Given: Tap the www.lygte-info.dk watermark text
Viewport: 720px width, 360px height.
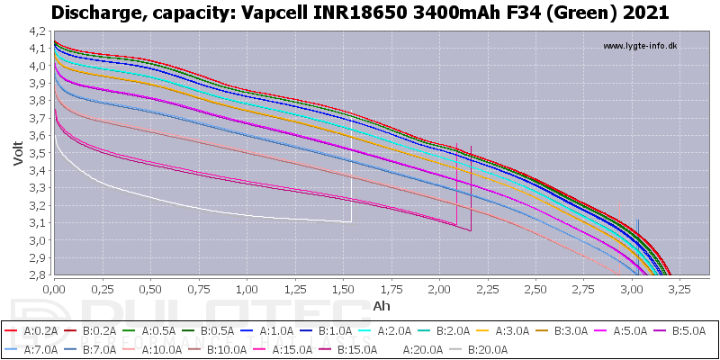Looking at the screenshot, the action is click(x=640, y=46).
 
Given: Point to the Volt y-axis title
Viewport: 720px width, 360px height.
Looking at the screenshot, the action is click(x=18, y=153).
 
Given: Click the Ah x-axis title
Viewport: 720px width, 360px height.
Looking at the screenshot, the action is click(x=382, y=305).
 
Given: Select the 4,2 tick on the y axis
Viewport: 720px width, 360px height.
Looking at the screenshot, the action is click(x=40, y=31).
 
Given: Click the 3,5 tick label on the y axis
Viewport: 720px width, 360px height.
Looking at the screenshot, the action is click(x=40, y=153).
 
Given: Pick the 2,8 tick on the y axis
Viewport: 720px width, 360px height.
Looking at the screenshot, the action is click(x=40, y=275).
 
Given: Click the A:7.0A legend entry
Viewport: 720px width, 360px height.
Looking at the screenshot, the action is click(x=31, y=350).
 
